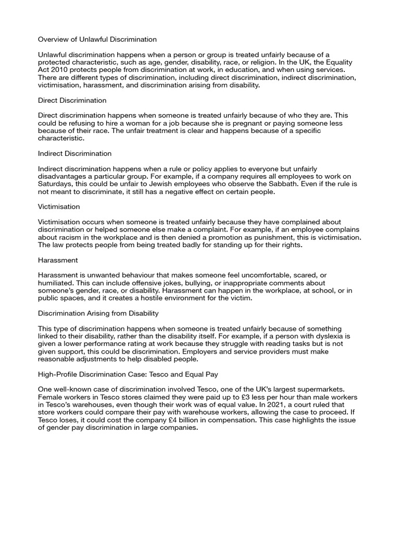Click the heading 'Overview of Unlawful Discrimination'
click(x=97, y=39)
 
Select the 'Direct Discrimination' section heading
click(x=72, y=100)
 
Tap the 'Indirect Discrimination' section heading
click(x=75, y=154)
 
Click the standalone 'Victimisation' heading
click(x=59, y=207)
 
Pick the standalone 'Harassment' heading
click(x=58, y=260)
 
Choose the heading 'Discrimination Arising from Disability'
click(x=98, y=313)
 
